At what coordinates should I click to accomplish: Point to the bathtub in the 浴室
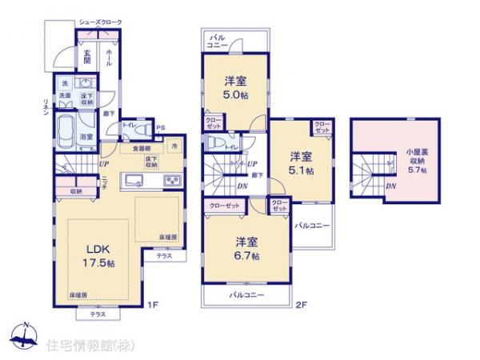tap(66, 129)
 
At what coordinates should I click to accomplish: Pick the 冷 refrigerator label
tap(174, 147)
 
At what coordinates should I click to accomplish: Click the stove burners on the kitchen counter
tap(173, 181)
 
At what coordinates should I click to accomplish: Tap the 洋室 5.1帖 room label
tap(302, 162)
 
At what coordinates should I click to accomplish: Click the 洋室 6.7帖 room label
tap(246, 248)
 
